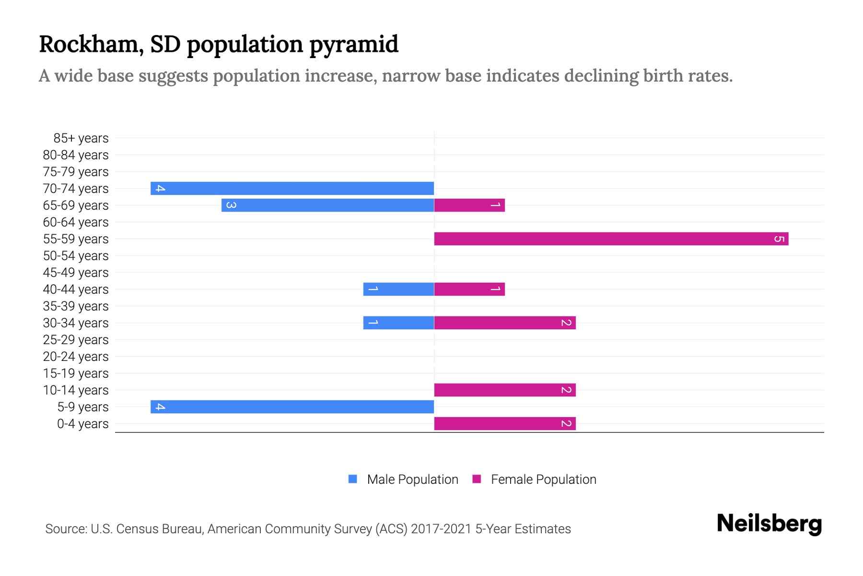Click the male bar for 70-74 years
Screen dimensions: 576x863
[292, 188]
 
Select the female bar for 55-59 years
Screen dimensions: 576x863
[611, 239]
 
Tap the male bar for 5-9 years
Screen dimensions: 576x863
[292, 407]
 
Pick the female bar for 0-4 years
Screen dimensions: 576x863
[504, 423]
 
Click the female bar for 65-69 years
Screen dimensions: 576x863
[469, 205]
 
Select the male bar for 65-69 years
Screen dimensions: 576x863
[327, 205]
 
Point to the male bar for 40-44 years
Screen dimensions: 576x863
[398, 289]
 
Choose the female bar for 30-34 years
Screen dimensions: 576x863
[504, 323]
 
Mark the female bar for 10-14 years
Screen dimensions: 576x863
[504, 390]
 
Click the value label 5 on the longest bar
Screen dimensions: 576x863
[779, 239]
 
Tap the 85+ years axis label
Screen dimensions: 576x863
[81, 138]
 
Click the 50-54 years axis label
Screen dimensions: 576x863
[76, 256]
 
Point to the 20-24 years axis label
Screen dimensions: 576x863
[76, 357]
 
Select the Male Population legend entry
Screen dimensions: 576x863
[412, 479]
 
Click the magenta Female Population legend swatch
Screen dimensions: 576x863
[477, 479]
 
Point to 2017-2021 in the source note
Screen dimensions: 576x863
[441, 529]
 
